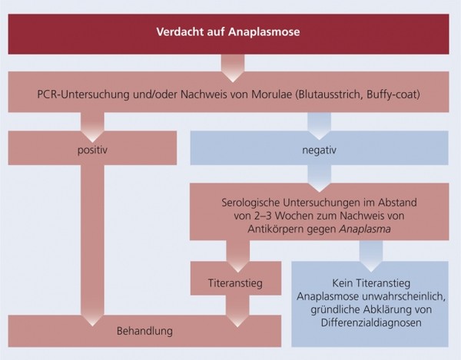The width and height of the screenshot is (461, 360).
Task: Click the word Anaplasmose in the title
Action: pyautogui.click(x=264, y=31)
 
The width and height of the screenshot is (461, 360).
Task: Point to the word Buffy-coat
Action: pyautogui.click(x=393, y=95)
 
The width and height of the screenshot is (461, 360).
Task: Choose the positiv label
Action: pyautogui.click(x=92, y=150)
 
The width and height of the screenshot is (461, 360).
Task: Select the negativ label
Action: pyautogui.click(x=319, y=150)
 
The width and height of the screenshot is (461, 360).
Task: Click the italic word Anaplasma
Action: pyautogui.click(x=365, y=229)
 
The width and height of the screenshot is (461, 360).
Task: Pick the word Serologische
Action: pyautogui.click(x=250, y=203)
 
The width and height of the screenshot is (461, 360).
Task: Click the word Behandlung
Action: pyautogui.click(x=144, y=331)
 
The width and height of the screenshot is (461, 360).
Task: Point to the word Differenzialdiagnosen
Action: pyautogui.click(x=371, y=322)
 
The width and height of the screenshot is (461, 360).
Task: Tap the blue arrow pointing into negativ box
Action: pyautogui.click(x=319, y=126)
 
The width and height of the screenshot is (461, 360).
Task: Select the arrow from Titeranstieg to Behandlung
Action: pyautogui.click(x=237, y=311)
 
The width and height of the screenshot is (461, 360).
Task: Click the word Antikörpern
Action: pyautogui.click(x=276, y=230)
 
